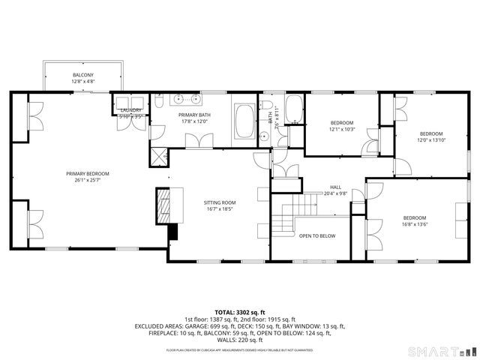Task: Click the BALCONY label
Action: (x=82, y=76)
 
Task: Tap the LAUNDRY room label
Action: (x=131, y=110)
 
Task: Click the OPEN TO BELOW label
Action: (x=317, y=236)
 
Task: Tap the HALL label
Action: (x=335, y=187)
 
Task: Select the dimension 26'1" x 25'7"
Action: (x=87, y=180)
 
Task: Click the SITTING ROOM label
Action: (x=220, y=202)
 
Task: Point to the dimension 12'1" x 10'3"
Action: (x=341, y=129)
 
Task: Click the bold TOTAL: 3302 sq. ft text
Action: (x=240, y=311)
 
